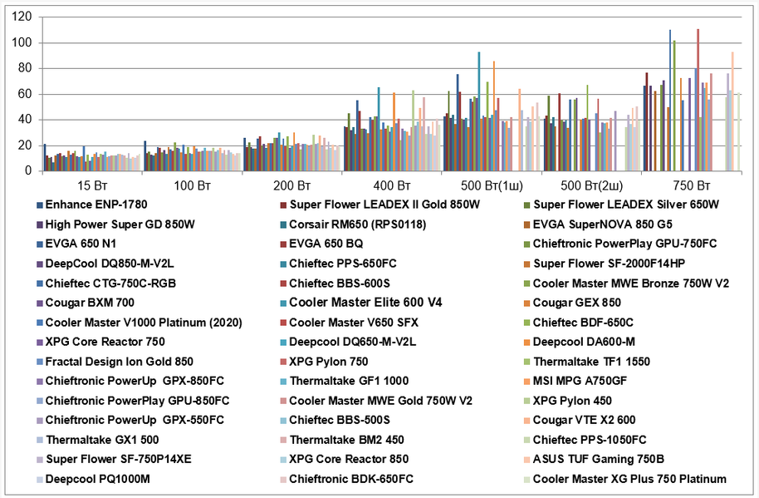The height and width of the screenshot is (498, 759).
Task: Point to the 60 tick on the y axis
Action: coord(25,94)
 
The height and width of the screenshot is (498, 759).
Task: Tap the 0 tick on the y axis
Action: coord(28,171)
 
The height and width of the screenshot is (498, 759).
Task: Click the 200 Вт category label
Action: coord(292,184)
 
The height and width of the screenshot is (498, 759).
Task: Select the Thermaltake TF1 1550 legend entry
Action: coord(591,362)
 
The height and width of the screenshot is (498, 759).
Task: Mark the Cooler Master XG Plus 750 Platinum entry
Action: coord(629,479)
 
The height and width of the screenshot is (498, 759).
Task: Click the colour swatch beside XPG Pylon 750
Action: coord(282,362)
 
